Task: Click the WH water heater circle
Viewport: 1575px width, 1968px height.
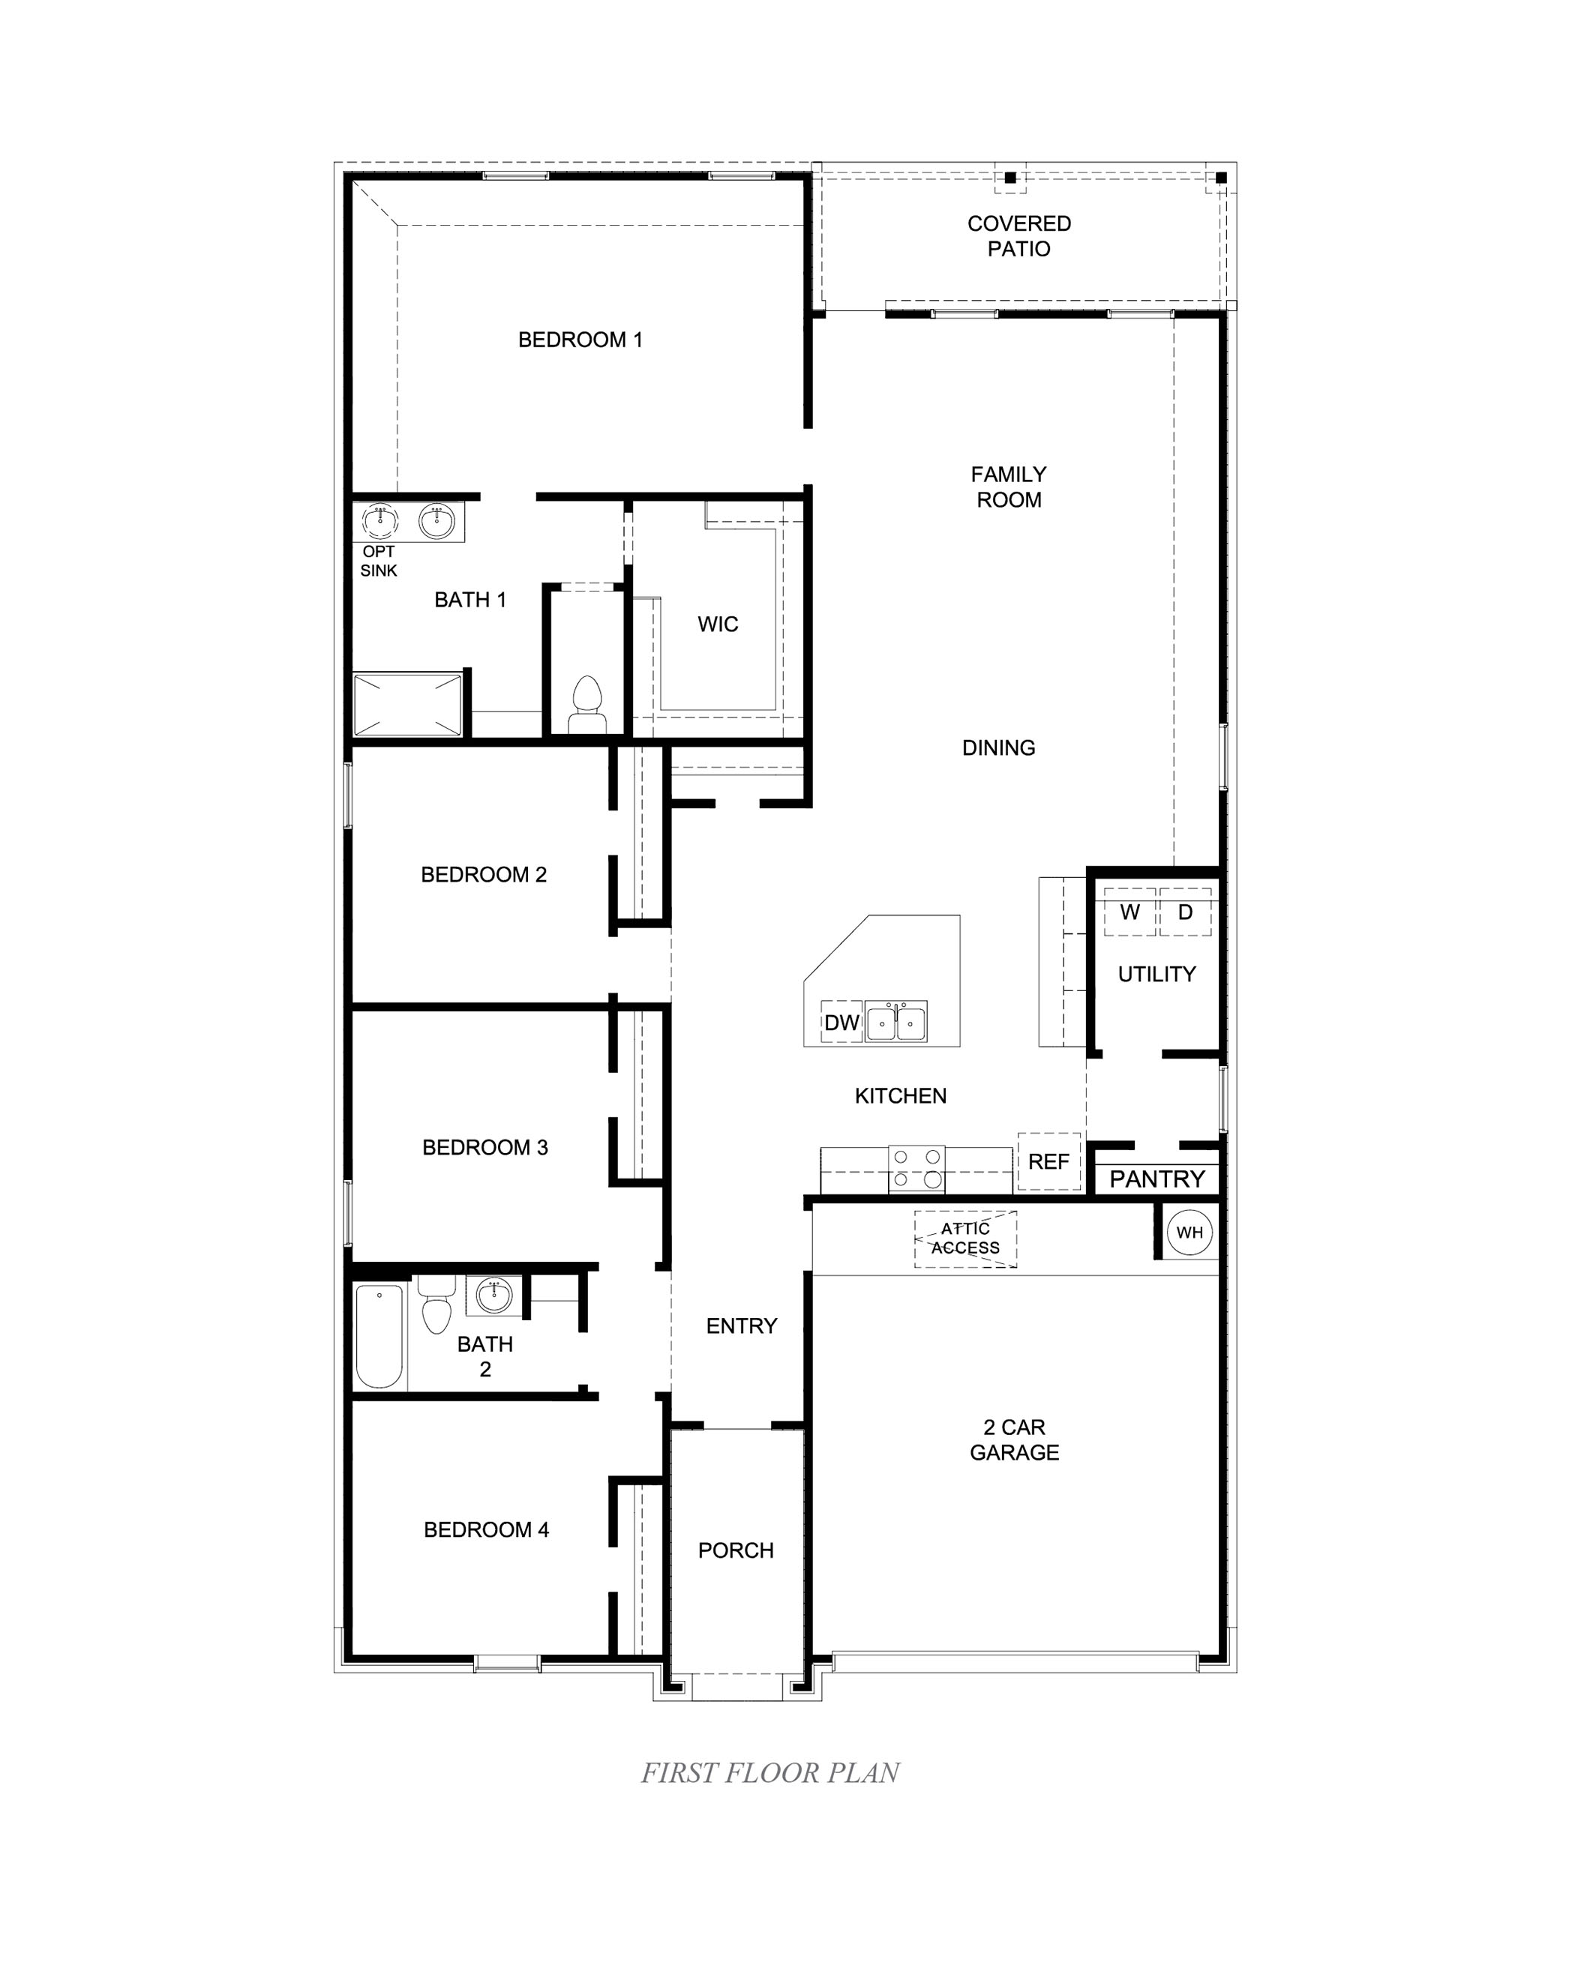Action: (1189, 1233)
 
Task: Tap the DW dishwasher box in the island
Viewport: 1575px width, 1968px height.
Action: (841, 1023)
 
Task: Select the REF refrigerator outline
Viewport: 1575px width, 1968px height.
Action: (1048, 1161)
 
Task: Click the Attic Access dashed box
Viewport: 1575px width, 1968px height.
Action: (965, 1239)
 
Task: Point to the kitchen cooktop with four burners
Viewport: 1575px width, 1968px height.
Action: (916, 1170)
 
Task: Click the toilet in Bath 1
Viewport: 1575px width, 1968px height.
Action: (586, 705)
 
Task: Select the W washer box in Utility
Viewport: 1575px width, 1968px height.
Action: (1129, 912)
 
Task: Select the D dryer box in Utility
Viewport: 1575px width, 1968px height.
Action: (1185, 912)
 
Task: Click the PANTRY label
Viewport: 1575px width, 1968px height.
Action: (1156, 1179)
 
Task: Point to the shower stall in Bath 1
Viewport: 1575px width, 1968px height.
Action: (407, 704)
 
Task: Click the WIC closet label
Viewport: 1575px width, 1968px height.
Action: (718, 625)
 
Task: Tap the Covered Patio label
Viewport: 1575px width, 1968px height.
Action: (1019, 236)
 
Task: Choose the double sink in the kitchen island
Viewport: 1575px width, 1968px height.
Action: (895, 1023)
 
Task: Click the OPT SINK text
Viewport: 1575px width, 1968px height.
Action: (378, 561)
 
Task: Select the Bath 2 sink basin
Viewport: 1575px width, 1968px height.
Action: (494, 1296)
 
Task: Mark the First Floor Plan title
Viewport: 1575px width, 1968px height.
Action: (769, 1772)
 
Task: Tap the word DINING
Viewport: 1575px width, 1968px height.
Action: (998, 747)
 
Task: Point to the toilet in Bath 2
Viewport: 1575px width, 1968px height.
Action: (436, 1308)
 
